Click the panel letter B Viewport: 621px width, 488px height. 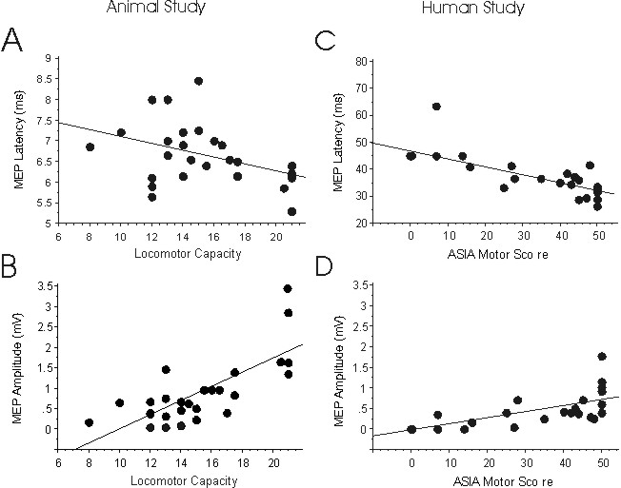(15, 269)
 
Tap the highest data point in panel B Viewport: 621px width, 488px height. (288, 288)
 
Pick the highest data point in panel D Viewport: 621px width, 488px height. (601, 357)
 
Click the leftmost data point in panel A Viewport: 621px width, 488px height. (90, 147)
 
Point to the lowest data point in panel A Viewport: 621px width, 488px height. (291, 211)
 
